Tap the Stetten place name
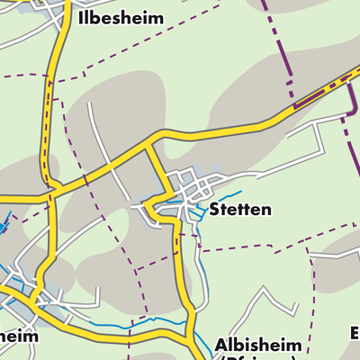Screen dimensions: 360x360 point(239,210)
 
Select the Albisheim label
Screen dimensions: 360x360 point(255,345)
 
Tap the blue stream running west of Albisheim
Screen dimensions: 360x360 point(135,321)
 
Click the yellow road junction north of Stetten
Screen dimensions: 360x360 point(150,138)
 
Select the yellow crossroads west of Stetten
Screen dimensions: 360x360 point(51,191)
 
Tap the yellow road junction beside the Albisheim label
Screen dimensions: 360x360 point(193,335)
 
